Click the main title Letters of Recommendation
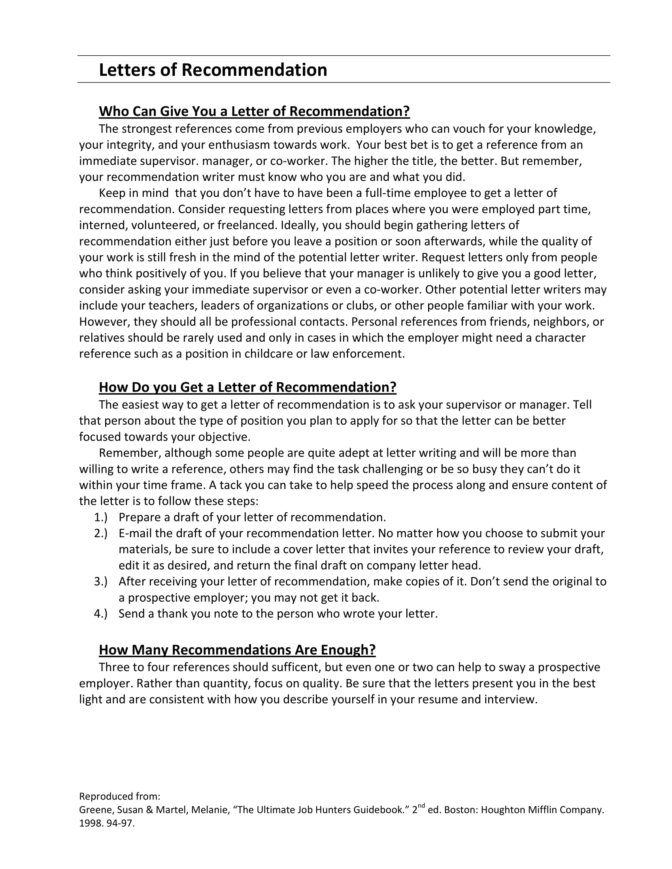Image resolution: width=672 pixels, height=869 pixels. coord(213,70)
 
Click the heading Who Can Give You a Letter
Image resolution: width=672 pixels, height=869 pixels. coord(254,111)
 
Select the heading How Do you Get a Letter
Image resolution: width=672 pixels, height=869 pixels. coord(247,387)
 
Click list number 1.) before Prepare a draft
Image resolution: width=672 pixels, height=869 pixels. coord(101,517)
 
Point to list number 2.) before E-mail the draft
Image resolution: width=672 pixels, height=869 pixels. coord(101,533)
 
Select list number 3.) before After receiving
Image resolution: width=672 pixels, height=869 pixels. coord(101,581)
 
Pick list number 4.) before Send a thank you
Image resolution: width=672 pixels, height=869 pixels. coord(101,613)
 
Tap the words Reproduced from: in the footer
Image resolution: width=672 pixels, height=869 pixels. coord(119,796)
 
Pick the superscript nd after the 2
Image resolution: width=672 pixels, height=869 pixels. coord(422,806)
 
